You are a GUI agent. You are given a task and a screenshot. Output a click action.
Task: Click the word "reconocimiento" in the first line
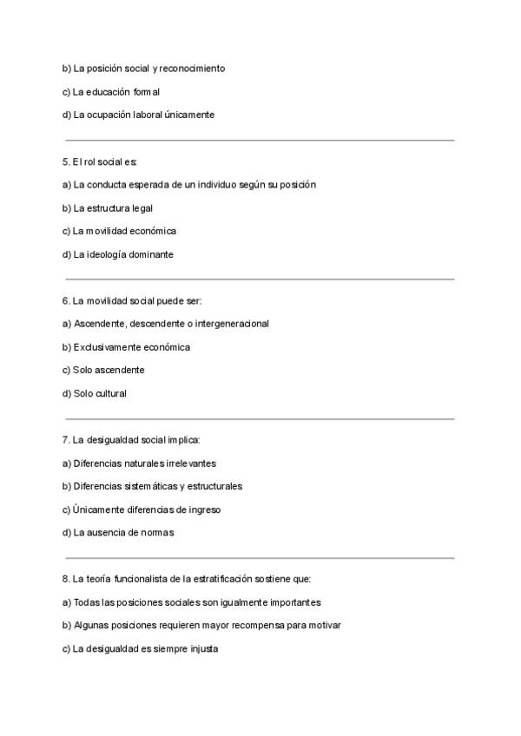pos(192,68)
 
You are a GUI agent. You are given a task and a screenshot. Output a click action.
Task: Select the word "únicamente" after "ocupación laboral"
pos(189,115)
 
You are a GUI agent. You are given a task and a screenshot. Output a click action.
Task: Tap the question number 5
pos(66,161)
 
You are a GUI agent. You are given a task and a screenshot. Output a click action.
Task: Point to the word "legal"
pos(142,208)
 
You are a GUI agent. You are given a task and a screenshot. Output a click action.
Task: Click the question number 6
pos(66,300)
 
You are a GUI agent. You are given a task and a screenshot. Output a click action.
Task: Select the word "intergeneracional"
pos(229,324)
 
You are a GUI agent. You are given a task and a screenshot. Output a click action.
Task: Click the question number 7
pos(66,440)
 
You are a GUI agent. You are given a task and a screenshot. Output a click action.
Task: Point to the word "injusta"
pos(201,648)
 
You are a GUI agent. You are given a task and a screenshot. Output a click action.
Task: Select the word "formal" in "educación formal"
pos(146,91)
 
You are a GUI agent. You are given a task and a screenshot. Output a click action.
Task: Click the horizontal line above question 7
pos(260,419)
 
